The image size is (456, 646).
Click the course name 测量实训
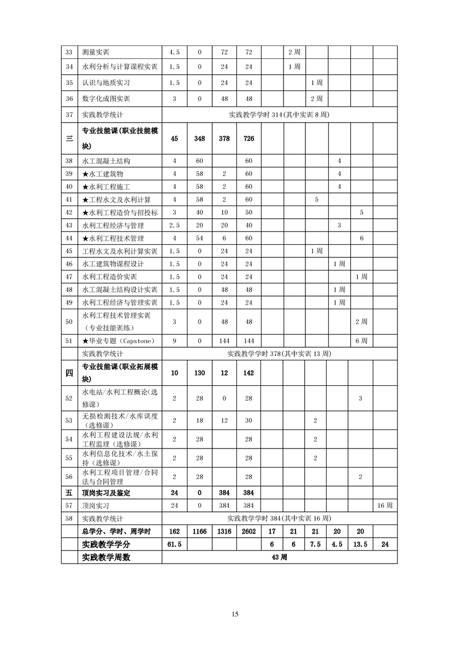pyautogui.click(x=96, y=52)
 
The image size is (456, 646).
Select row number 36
pyautogui.click(x=69, y=98)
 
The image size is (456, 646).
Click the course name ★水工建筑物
pyautogui.click(x=103, y=174)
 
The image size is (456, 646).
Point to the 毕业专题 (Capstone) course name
pyautogui.click(x=118, y=341)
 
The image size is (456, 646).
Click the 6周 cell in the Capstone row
pyautogui.click(x=361, y=341)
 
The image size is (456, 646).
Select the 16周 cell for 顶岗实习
pyautogui.click(x=385, y=506)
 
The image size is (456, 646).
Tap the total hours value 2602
pyautogui.click(x=248, y=531)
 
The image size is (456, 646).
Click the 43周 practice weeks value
pyautogui.click(x=279, y=557)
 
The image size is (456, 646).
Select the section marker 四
pyautogui.click(x=69, y=373)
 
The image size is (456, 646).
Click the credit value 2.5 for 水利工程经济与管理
pyautogui.click(x=174, y=225)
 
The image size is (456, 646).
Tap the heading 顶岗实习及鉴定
pyautogui.click(x=106, y=493)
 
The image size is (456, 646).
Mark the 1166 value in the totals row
pyautogui.click(x=200, y=531)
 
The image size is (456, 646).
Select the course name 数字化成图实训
pyautogui.click(x=106, y=98)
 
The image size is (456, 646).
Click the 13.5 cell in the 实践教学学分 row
pyautogui.click(x=361, y=544)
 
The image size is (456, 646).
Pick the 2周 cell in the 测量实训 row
pyautogui.click(x=294, y=52)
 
